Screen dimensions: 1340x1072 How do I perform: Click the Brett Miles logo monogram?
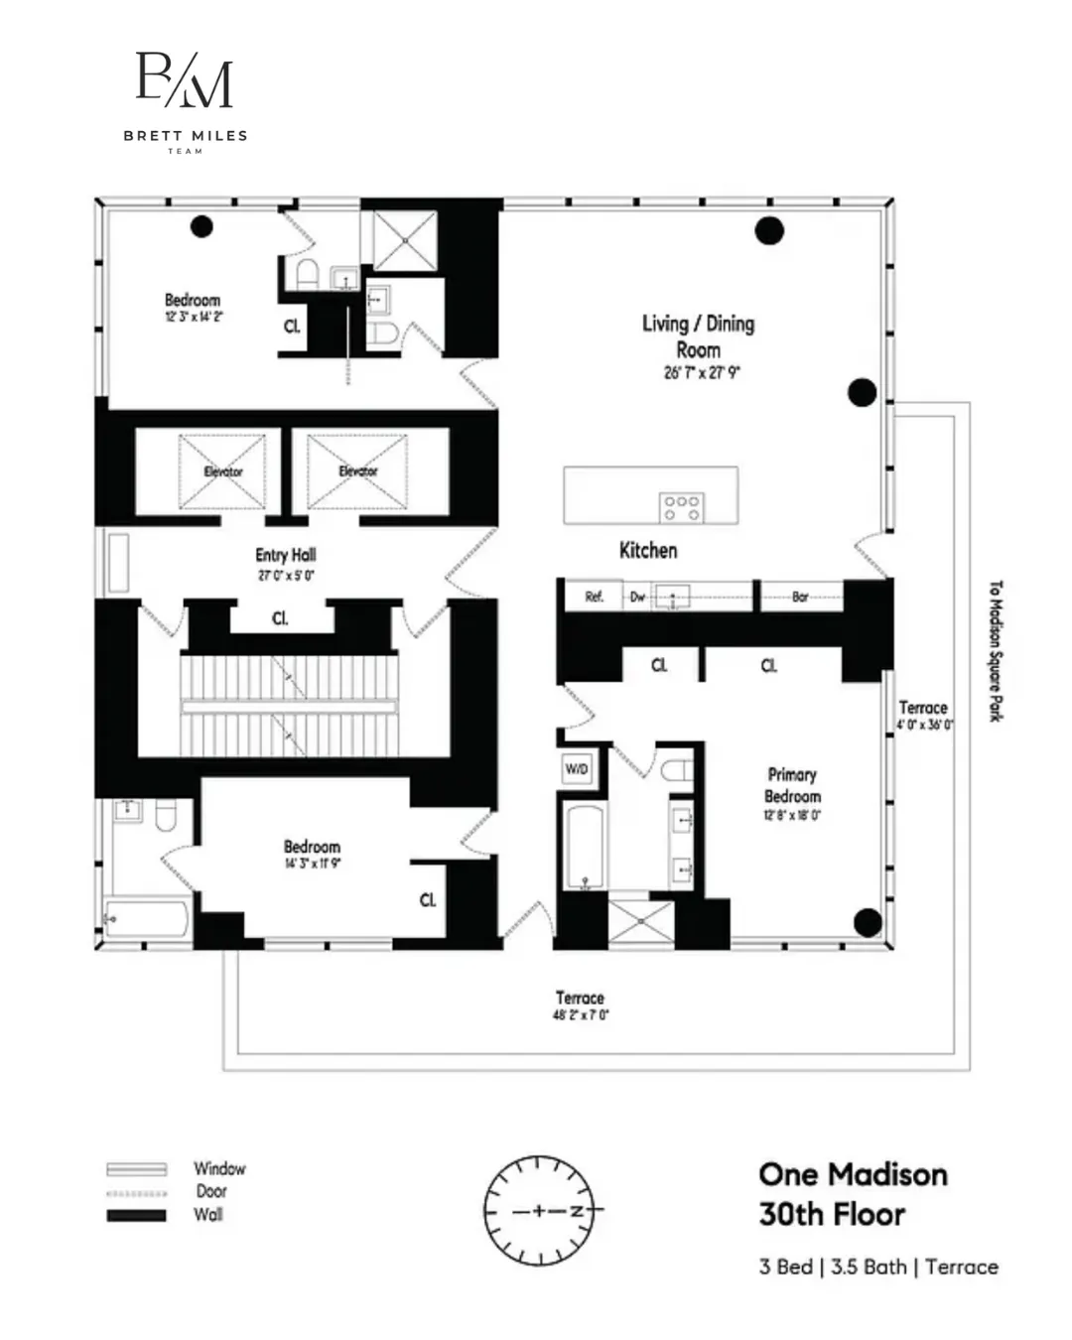pyautogui.click(x=185, y=80)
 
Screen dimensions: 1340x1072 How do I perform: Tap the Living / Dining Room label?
pyautogui.click(x=698, y=336)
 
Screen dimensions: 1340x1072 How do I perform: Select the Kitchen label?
pyautogui.click(x=648, y=551)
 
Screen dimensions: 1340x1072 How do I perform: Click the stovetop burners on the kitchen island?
pyautogui.click(x=681, y=507)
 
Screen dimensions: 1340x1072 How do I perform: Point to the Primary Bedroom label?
pyautogui.click(x=792, y=785)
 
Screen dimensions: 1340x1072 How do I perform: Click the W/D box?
pyautogui.click(x=577, y=769)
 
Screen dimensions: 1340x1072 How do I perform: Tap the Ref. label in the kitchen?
pyautogui.click(x=594, y=597)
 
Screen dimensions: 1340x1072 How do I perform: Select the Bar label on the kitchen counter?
pyautogui.click(x=800, y=597)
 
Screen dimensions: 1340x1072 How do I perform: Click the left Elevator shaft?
pyautogui.click(x=222, y=471)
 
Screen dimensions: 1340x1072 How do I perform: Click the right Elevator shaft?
pyautogui.click(x=357, y=471)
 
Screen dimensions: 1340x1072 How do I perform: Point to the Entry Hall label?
pyautogui.click(x=286, y=556)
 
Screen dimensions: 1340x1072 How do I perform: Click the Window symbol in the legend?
pyautogui.click(x=137, y=1169)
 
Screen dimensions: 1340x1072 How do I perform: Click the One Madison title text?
pyautogui.click(x=853, y=1175)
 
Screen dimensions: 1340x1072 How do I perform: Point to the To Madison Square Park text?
pyautogui.click(x=996, y=651)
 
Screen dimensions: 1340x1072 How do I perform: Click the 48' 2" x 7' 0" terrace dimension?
pyautogui.click(x=581, y=1015)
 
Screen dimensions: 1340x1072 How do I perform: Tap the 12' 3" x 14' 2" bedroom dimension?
pyautogui.click(x=194, y=317)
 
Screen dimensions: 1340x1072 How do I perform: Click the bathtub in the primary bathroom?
pyautogui.click(x=584, y=847)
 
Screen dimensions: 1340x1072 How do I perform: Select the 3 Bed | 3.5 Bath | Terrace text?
pyautogui.click(x=878, y=1268)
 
